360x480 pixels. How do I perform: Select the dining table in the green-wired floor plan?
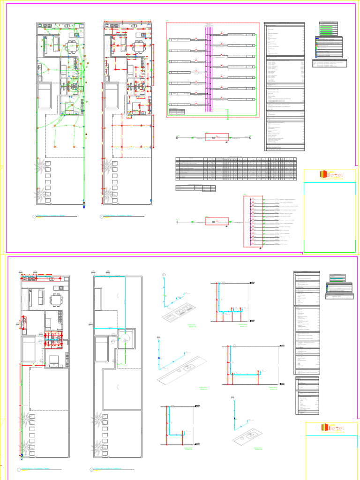[73, 46]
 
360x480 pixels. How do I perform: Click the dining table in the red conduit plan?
[139, 46]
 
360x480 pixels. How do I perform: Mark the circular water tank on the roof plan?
[125, 341]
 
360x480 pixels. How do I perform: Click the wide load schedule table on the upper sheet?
[236, 169]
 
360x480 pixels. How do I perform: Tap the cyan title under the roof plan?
[108, 469]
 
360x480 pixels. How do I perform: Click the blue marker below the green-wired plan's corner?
[84, 205]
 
